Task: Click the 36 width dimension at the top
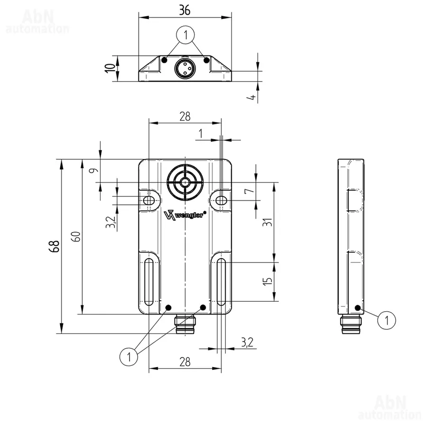click(185, 10)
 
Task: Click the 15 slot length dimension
click(268, 281)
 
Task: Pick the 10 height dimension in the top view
click(110, 68)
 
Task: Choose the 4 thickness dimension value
click(253, 97)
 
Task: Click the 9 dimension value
click(93, 170)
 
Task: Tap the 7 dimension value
click(249, 189)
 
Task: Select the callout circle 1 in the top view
click(186, 35)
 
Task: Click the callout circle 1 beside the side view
click(386, 320)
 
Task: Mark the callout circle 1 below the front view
click(129, 356)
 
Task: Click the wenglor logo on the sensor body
click(185, 214)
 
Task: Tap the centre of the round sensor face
click(185, 182)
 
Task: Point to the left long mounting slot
click(149, 282)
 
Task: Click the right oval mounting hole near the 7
click(222, 200)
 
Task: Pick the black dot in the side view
click(358, 308)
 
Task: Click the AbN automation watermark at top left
click(37, 21)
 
